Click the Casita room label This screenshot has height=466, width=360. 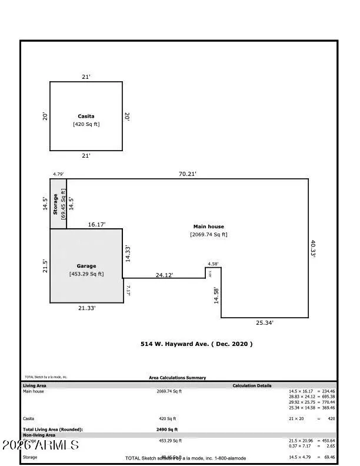pyautogui.click(x=86, y=116)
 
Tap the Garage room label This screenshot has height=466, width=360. pyautogui.click(x=86, y=265)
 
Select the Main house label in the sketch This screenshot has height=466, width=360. pyautogui.click(x=208, y=227)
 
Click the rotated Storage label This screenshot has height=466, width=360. pyautogui.click(x=56, y=203)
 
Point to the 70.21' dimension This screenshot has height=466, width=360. pyautogui.click(x=187, y=174)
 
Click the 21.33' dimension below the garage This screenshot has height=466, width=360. pyautogui.click(x=86, y=308)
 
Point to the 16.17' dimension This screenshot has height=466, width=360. pyautogui.click(x=96, y=224)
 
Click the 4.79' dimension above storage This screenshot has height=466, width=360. pyautogui.click(x=58, y=174)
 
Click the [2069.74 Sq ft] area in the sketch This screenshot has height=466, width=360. pyautogui.click(x=208, y=235)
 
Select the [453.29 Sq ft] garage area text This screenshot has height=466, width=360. pyautogui.click(x=86, y=274)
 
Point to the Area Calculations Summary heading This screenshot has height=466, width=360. pyautogui.click(x=177, y=378)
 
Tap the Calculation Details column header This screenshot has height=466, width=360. pyautogui.click(x=252, y=385)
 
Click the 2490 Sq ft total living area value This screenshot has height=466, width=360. pyautogui.click(x=166, y=430)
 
